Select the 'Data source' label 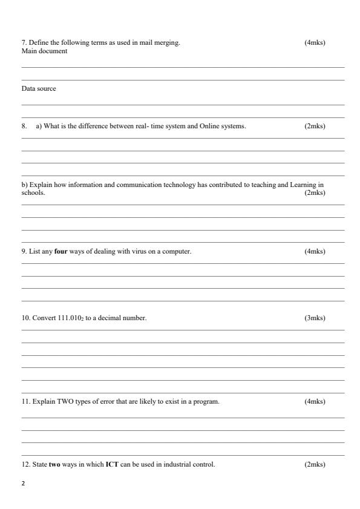click(39, 88)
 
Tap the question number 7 click(24, 42)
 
